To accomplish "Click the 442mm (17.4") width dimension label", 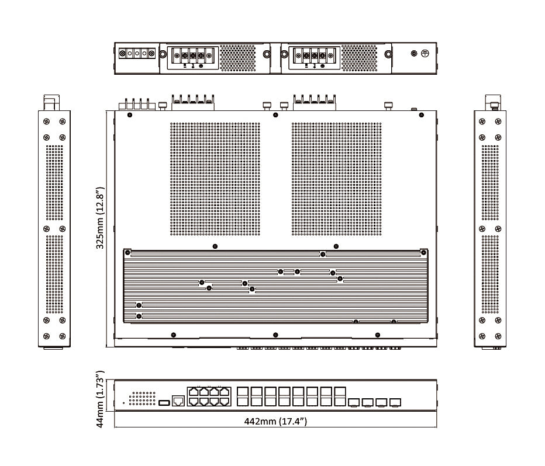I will click(x=275, y=421).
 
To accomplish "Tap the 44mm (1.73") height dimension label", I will click(x=100, y=399).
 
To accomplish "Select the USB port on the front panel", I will click(x=164, y=402).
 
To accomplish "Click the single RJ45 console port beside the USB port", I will click(x=179, y=401).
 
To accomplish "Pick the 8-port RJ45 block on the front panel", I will click(x=208, y=396).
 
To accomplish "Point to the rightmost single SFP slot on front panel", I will click(x=396, y=402).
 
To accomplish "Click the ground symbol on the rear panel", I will click(x=426, y=53).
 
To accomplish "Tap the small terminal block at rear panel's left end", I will click(x=136, y=54).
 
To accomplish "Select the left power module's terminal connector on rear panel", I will click(x=192, y=57).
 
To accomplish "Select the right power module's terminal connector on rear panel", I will click(x=313, y=57).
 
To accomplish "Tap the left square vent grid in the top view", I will click(x=215, y=179).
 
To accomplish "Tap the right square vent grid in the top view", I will click(x=336, y=179).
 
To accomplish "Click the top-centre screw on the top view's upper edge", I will click(x=275, y=114).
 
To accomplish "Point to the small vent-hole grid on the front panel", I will click(x=142, y=398).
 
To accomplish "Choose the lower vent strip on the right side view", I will click(x=490, y=273).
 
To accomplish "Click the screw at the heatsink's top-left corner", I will click(x=127, y=252).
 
